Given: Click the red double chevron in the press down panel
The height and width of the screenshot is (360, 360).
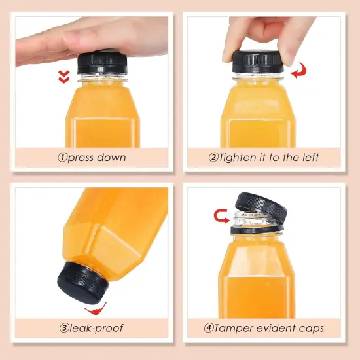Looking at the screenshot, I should pyautogui.click(x=63, y=78).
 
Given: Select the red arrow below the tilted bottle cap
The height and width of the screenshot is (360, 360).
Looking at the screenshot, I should pyautogui.click(x=96, y=308).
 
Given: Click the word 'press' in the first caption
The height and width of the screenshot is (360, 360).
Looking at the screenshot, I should pyautogui.click(x=80, y=158).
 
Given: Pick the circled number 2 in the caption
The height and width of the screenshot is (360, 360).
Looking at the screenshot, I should pyautogui.click(x=213, y=158).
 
